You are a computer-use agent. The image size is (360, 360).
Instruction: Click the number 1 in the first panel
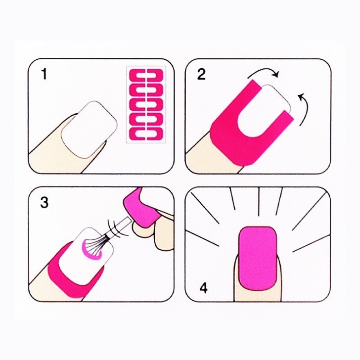pyautogui.click(x=44, y=74)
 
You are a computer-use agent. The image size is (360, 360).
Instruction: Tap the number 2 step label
pyautogui.click(x=201, y=74)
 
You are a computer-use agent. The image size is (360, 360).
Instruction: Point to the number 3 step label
pyautogui.click(x=45, y=202)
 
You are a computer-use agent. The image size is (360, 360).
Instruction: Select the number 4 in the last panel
pyautogui.click(x=203, y=288)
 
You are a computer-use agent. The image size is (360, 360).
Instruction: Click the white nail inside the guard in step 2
pyautogui.click(x=268, y=106)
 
